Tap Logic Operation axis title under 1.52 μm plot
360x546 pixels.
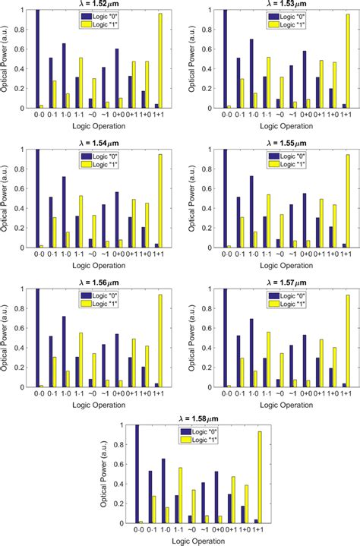(x=99, y=127)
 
